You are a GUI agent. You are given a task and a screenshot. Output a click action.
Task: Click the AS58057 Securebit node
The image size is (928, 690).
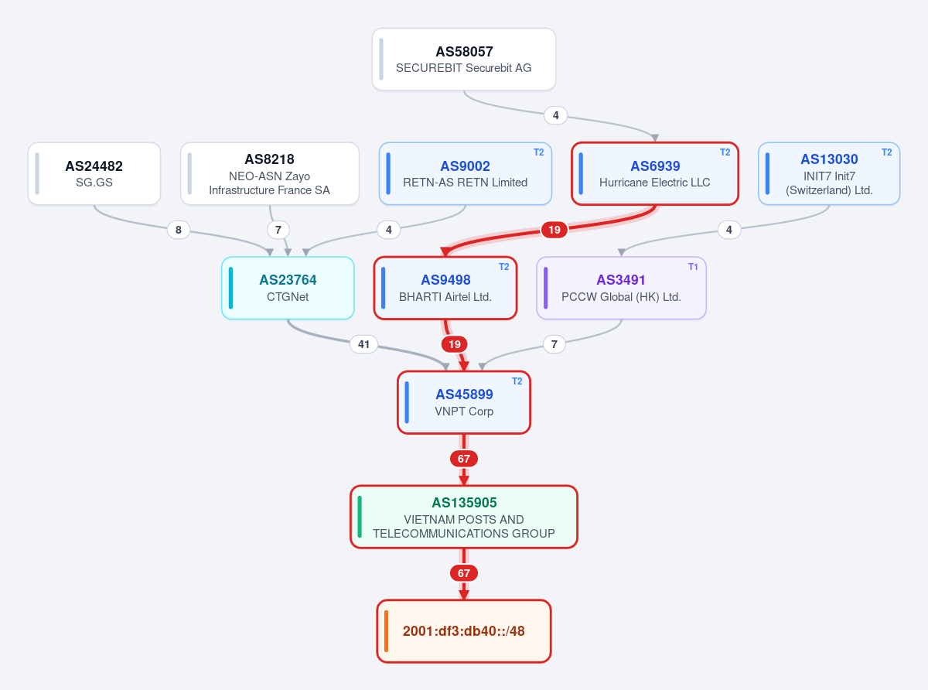[463, 59]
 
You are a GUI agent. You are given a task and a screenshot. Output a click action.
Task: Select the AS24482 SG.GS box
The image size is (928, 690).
[94, 174]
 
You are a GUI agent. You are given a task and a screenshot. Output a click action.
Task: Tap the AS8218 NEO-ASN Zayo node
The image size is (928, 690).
[270, 174]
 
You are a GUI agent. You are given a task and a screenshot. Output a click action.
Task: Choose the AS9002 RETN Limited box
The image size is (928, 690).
[466, 174]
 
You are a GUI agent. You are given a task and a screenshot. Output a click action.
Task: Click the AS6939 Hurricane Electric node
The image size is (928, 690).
[655, 174]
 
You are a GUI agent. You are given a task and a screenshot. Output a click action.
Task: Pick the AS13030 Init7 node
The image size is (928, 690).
[829, 174]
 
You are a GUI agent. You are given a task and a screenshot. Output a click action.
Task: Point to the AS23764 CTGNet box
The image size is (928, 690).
[288, 288]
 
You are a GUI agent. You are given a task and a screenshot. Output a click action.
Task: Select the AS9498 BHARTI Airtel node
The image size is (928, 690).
[445, 288]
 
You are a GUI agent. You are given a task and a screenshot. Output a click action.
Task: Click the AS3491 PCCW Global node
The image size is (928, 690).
[621, 288]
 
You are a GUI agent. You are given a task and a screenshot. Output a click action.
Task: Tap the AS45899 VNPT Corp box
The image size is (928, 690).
[464, 402]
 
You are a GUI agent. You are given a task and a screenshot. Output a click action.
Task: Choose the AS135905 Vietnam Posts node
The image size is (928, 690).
[464, 517]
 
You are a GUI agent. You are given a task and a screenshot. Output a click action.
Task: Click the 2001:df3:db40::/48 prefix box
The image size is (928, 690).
[464, 631]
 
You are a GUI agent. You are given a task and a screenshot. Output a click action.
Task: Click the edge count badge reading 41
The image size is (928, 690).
[363, 344]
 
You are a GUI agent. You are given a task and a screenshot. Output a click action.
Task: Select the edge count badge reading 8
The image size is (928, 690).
[178, 230]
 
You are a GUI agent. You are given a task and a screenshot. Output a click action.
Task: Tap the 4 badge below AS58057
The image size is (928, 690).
[555, 115]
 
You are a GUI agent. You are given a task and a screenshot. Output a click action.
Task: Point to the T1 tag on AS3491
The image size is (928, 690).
[693, 267]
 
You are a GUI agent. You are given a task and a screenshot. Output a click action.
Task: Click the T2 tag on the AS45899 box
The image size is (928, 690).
[517, 381]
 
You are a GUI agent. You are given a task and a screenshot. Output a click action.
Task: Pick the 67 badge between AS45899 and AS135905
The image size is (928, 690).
[463, 459]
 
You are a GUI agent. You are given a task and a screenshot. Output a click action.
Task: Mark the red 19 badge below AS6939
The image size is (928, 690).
[554, 230]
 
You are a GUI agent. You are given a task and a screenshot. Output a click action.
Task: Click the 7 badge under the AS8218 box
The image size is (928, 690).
[278, 230]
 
